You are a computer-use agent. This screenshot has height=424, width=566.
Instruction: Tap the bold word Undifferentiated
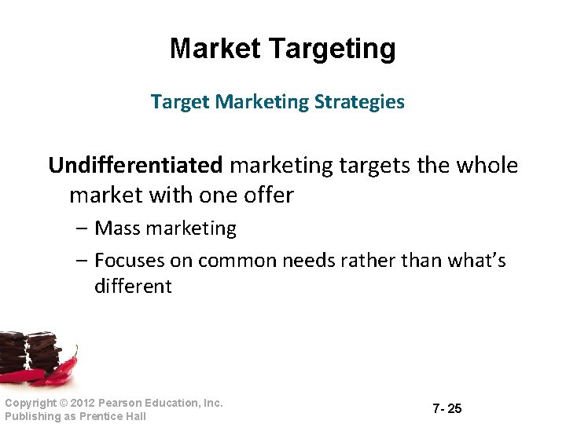tap(135, 166)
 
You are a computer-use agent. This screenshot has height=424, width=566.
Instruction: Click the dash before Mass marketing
tap(83, 229)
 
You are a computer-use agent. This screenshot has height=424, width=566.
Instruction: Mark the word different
tap(132, 287)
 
